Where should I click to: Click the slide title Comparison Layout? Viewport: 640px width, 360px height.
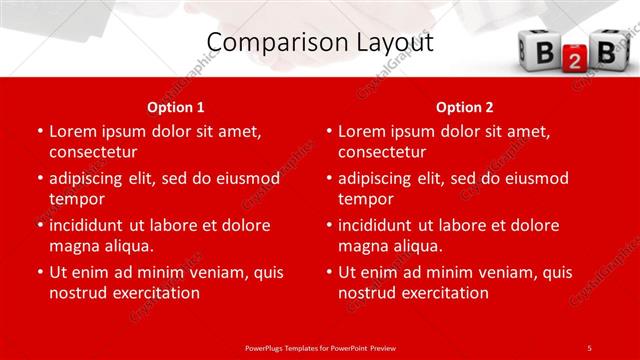[320, 42]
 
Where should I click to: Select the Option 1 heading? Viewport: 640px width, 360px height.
[176, 107]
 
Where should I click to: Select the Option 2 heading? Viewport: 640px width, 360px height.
[465, 107]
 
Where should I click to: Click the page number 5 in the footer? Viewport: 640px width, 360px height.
[590, 347]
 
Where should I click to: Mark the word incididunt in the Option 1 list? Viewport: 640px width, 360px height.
[91, 225]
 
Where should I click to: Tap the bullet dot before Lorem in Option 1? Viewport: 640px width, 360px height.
[39, 132]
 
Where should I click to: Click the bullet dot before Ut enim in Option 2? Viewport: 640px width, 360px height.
[328, 273]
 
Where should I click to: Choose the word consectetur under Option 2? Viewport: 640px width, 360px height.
[382, 151]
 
